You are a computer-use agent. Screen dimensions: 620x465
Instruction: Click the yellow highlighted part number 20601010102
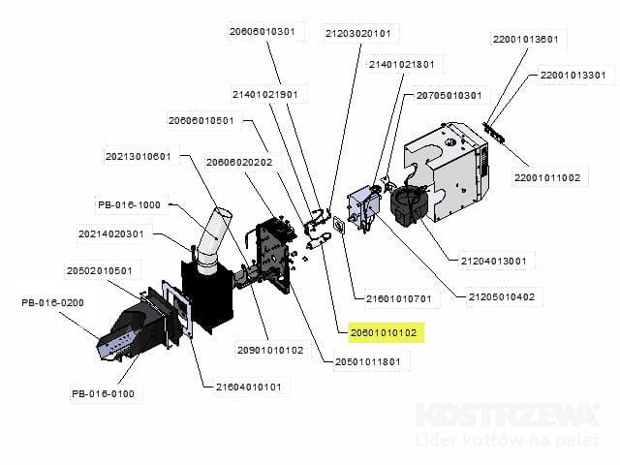tap(384, 333)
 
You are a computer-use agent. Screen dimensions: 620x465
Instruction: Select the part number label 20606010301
tap(263, 31)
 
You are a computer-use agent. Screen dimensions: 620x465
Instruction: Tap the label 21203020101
tap(357, 34)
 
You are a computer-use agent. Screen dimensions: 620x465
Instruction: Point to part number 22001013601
tap(525, 40)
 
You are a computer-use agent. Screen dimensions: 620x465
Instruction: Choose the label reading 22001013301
tap(573, 76)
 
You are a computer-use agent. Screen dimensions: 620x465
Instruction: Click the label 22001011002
tap(547, 178)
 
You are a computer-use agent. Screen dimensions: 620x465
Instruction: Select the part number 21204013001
tap(493, 262)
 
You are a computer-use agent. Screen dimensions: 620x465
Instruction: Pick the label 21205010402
tap(502, 297)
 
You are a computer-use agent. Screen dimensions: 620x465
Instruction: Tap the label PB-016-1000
tap(129, 204)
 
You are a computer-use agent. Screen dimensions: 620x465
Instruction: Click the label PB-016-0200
tap(52, 303)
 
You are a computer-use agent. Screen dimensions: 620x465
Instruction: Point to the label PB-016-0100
tap(104, 394)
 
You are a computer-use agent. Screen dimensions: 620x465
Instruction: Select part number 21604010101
tap(248, 387)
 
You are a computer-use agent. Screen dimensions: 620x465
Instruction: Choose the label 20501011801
tap(368, 361)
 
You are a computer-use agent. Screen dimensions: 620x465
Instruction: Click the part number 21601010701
tap(398, 299)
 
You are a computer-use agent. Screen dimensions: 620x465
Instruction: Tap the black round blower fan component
tap(409, 206)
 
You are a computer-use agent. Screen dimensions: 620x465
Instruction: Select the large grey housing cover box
tap(447, 172)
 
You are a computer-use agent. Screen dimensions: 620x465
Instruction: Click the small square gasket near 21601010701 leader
tap(339, 225)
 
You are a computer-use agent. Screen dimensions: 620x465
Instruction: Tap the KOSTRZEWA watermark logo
tap(508, 416)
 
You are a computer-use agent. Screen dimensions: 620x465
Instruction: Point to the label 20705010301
tap(449, 96)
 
